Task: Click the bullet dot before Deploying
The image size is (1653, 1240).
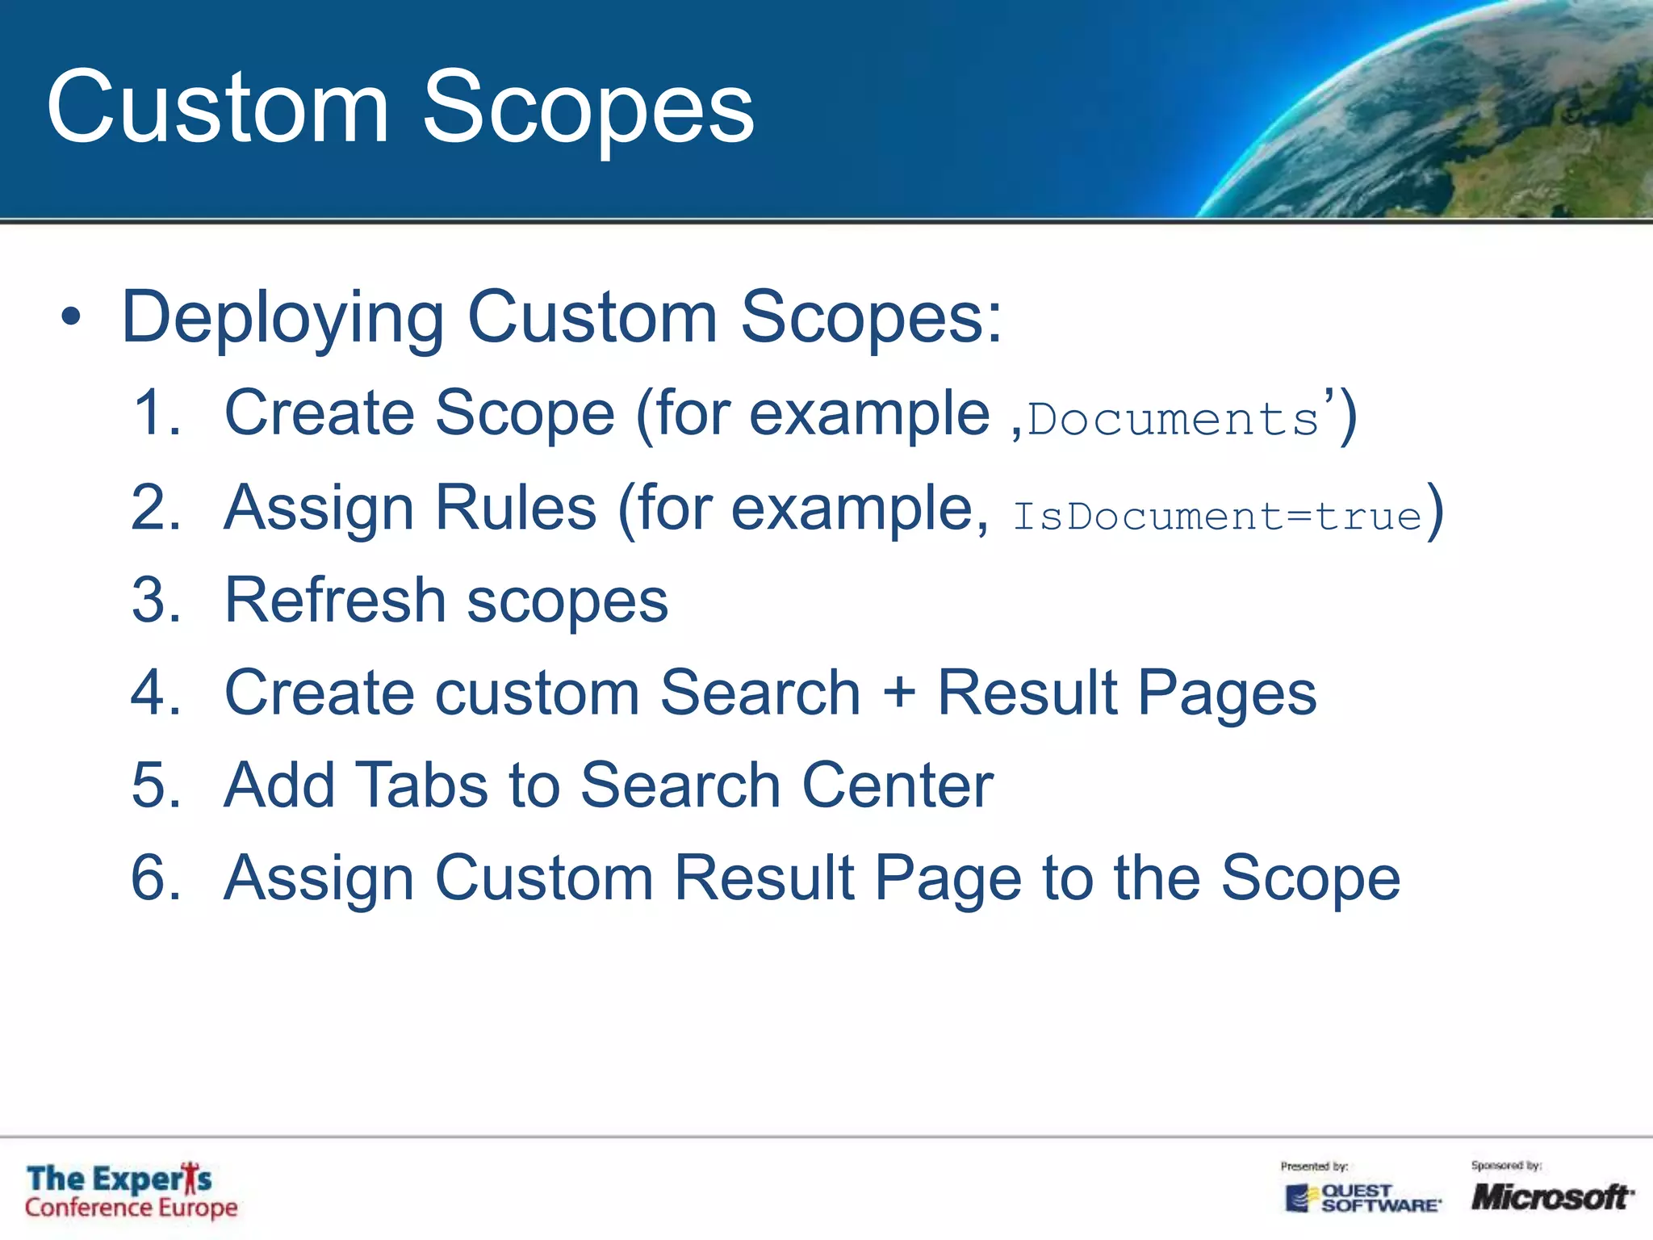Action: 71,317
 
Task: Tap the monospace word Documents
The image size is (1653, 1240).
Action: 1172,420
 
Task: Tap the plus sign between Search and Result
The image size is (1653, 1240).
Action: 898,693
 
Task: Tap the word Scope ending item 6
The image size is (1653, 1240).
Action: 1310,878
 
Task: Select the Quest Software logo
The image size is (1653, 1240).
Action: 1362,1198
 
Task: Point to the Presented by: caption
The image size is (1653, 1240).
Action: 1314,1167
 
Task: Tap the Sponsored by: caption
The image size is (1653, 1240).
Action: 1506,1166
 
